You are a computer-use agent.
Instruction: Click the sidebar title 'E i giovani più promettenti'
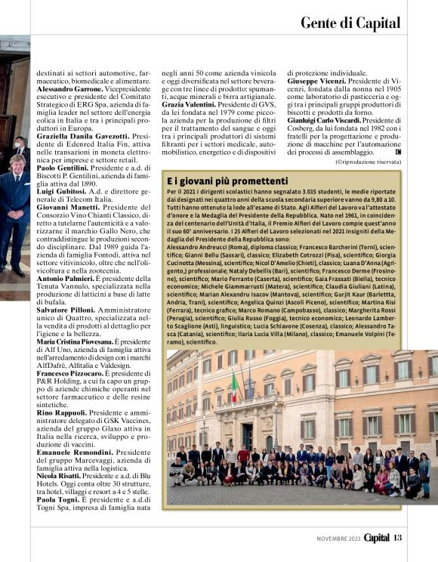tap(227, 182)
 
